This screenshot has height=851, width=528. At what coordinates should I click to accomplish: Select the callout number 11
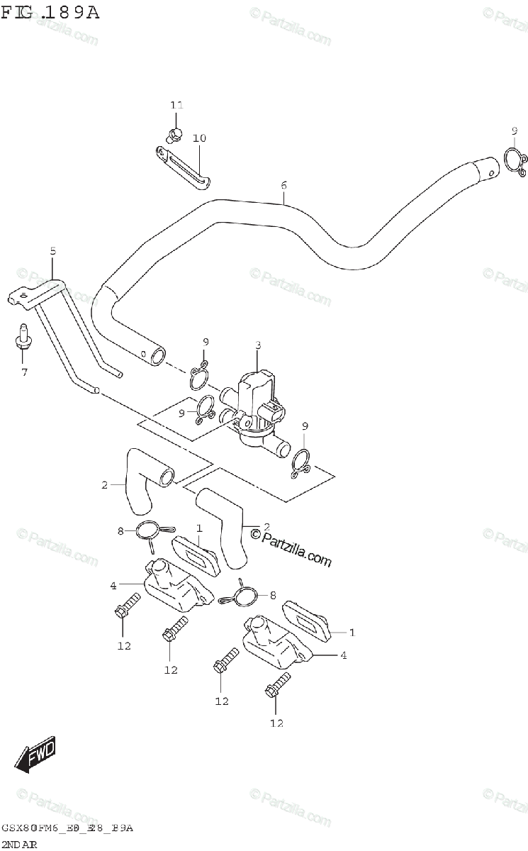176,105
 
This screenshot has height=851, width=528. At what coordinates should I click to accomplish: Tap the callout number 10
199,138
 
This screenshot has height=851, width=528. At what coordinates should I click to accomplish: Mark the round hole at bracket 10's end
162,151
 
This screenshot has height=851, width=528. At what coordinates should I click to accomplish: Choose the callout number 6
283,186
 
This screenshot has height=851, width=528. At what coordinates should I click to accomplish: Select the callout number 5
52,251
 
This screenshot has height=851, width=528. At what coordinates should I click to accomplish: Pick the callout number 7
24,372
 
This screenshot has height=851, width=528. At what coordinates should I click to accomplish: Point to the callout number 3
258,345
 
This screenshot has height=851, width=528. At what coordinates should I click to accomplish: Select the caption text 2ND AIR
19,844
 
